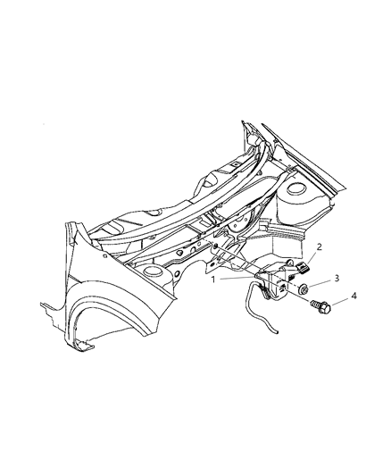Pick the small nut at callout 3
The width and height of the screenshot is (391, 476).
305,288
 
